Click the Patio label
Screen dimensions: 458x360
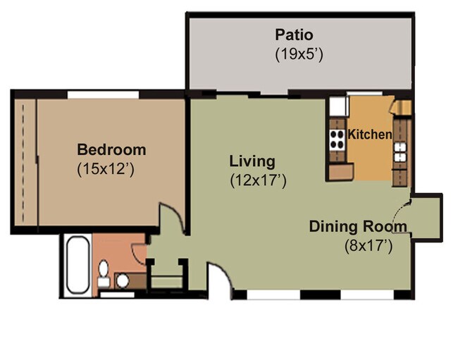point(294,35)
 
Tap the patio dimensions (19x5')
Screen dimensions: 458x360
point(299,54)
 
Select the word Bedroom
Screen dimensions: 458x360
point(111,149)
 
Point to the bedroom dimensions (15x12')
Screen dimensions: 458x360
point(106,169)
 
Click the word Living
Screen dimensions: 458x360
point(252,162)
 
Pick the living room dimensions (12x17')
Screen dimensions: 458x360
point(258,181)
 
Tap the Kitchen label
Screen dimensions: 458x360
point(370,135)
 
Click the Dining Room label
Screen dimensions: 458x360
point(358,227)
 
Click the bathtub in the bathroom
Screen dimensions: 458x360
point(78,265)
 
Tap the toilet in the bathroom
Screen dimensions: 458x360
point(104,273)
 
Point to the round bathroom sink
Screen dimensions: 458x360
point(123,280)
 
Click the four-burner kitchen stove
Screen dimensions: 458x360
point(337,140)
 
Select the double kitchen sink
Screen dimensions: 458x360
point(400,152)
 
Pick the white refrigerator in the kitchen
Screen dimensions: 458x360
point(338,106)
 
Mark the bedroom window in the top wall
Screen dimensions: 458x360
point(103,94)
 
